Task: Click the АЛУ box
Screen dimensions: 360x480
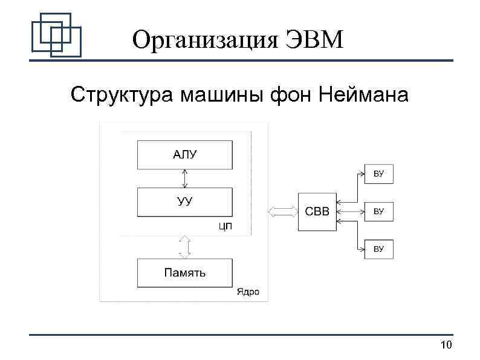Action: point(184,155)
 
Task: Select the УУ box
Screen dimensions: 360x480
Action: point(184,202)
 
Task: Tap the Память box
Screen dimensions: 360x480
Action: point(184,273)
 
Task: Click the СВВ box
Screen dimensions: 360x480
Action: point(317,212)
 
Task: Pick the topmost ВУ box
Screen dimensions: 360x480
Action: point(379,174)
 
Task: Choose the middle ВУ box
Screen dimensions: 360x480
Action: point(379,212)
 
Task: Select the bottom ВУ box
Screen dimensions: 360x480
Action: point(379,249)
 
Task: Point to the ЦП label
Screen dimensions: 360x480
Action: point(225,227)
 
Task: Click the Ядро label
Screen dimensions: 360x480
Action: point(248,292)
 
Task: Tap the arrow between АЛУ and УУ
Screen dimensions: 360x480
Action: point(185,178)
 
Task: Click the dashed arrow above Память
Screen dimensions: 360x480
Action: point(185,246)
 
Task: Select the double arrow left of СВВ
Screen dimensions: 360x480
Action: point(282,212)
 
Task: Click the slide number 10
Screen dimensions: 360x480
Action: point(447,345)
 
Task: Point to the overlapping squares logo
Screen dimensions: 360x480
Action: point(56,34)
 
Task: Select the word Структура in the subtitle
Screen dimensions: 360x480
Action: point(121,94)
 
